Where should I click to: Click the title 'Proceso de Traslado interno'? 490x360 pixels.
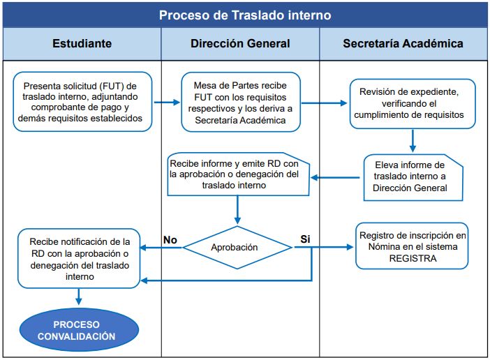tap(245, 15)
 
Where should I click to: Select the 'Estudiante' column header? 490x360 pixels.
tap(82, 44)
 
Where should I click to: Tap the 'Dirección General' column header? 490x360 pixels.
tap(240, 44)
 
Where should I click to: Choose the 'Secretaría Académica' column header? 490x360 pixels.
tap(403, 44)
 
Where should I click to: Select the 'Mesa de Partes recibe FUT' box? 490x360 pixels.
tap(241, 103)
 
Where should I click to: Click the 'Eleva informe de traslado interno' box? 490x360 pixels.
tap(414, 177)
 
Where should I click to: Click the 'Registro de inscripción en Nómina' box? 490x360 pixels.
tap(412, 246)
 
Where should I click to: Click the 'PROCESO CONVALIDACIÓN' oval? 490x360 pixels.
tap(76, 331)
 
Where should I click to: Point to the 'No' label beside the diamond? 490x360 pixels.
tap(170, 239)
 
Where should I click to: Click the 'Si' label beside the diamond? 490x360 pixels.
tap(305, 239)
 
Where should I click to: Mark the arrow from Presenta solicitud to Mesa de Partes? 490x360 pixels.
tap(167, 103)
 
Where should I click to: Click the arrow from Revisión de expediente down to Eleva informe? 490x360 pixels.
tap(413, 140)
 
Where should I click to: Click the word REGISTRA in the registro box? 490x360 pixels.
tap(412, 257)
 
